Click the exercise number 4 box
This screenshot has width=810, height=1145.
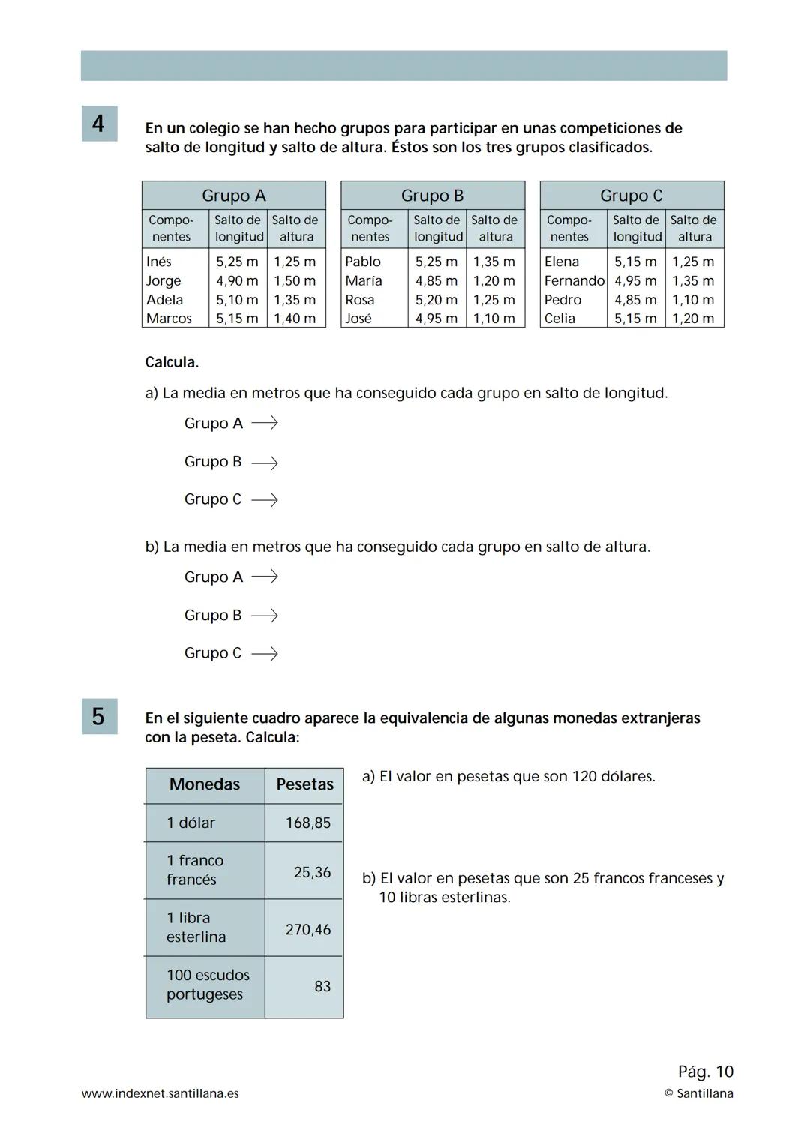pyautogui.click(x=98, y=123)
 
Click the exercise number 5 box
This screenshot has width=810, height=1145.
pyautogui.click(x=98, y=716)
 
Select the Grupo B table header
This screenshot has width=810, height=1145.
pyautogui.click(x=432, y=196)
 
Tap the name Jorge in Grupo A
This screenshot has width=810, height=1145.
pyautogui.click(x=163, y=281)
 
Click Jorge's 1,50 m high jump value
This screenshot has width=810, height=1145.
pyautogui.click(x=295, y=281)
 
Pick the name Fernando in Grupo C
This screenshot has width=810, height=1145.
pyautogui.click(x=574, y=281)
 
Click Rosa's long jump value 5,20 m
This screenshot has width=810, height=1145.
pyautogui.click(x=436, y=300)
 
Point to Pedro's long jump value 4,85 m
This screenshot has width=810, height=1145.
pyautogui.click(x=635, y=300)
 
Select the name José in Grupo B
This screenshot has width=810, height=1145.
pyautogui.click(x=358, y=319)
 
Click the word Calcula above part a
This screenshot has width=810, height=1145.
pyautogui.click(x=172, y=362)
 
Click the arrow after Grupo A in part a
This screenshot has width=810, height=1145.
pyautogui.click(x=264, y=424)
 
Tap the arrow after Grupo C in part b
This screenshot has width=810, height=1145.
pyautogui.click(x=264, y=654)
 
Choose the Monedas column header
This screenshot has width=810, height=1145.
pyautogui.click(x=205, y=784)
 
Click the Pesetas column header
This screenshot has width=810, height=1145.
pyautogui.click(x=304, y=784)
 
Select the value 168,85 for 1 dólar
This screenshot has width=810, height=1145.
pyautogui.click(x=307, y=823)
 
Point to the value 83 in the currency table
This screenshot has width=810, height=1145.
pyautogui.click(x=322, y=987)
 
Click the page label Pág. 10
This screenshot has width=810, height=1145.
pyautogui.click(x=705, y=1072)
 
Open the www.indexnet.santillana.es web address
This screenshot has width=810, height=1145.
pyautogui.click(x=160, y=1093)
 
